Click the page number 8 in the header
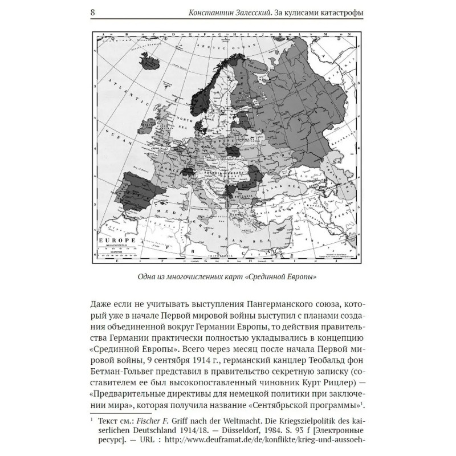pos(94,13)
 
